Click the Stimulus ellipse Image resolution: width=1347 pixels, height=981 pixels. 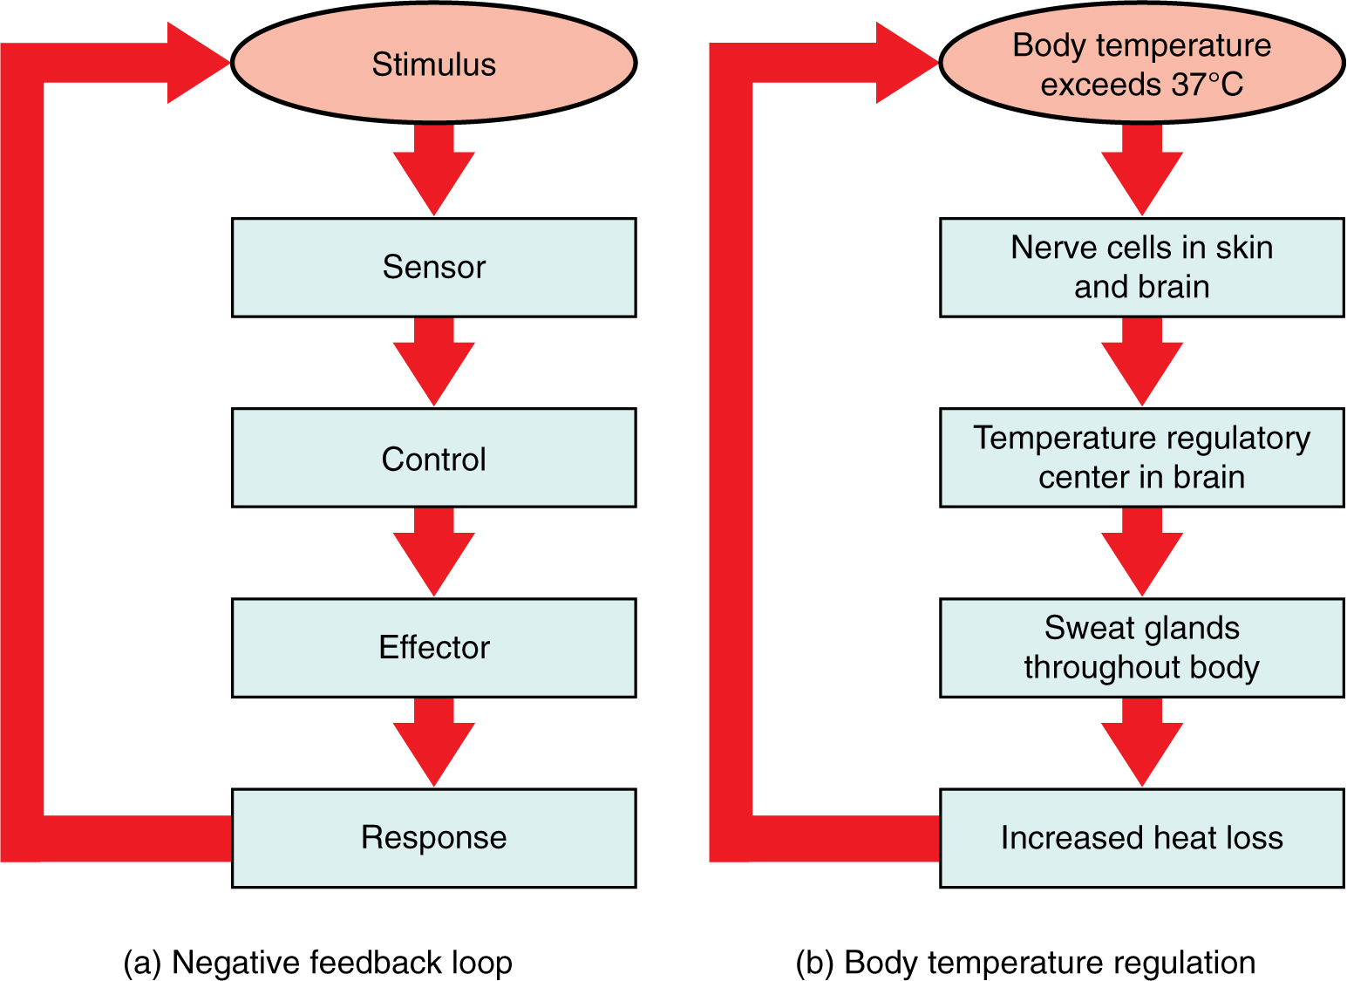(x=433, y=64)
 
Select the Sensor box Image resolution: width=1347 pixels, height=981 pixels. (x=433, y=267)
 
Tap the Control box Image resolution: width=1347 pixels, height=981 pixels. (x=433, y=458)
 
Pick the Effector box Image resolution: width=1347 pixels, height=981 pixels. (x=433, y=647)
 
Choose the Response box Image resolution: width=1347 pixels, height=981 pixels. (x=433, y=837)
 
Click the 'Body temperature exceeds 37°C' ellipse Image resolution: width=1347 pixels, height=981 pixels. (x=1141, y=64)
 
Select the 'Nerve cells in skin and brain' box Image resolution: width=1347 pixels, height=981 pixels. (x=1141, y=267)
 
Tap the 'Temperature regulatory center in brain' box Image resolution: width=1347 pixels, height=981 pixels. (x=1141, y=458)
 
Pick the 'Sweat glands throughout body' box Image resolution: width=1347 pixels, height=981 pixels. (x=1141, y=647)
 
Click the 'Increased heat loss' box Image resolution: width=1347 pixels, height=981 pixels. (x=1141, y=837)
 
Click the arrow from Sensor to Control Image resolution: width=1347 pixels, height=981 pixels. (x=433, y=362)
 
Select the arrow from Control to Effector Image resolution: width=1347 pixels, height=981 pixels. (x=433, y=552)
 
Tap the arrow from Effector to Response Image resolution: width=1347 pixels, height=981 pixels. (x=433, y=742)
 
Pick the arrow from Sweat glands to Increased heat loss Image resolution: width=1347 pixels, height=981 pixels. (x=1141, y=742)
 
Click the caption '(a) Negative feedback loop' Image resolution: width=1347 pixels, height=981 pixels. (x=317, y=963)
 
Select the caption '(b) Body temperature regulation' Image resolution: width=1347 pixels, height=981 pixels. (x=1025, y=963)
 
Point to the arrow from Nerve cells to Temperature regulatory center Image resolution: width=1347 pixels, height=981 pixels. (x=1141, y=362)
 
